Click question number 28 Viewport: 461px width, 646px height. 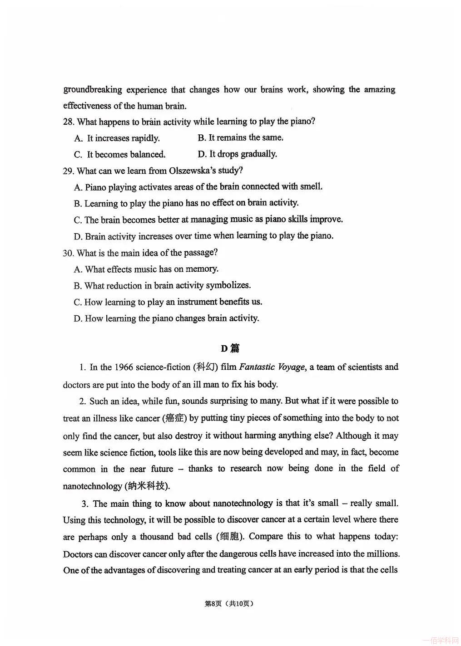[69, 122]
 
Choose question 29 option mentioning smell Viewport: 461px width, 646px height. [198, 187]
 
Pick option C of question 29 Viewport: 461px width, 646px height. [208, 220]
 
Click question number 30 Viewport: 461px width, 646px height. [69, 253]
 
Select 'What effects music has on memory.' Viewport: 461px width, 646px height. [147, 269]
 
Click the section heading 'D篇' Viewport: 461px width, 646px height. [230, 348]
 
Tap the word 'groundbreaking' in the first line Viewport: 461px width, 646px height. [93, 89]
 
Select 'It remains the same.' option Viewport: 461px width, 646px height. [241, 138]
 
